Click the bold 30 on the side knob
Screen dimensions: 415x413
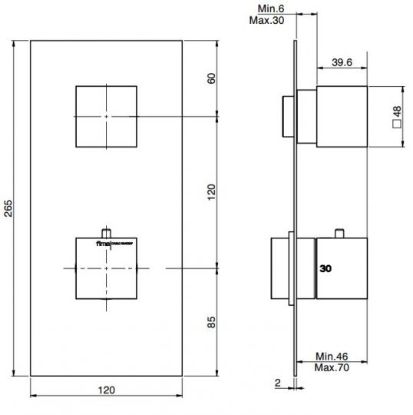pyautogui.click(x=326, y=269)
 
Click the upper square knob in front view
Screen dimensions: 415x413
pyautogui.click(x=107, y=115)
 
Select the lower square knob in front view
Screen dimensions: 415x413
pyautogui.click(x=107, y=268)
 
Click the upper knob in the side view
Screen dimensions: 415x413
pyautogui.click(x=342, y=117)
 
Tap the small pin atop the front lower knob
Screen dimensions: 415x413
pyautogui.click(x=107, y=231)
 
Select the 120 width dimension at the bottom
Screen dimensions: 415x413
pyautogui.click(x=107, y=390)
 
